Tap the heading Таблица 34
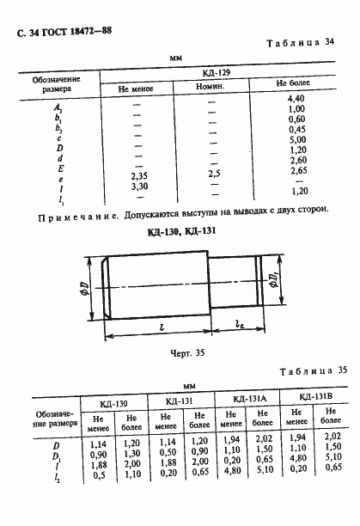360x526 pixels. tap(304, 42)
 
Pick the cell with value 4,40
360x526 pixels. tap(297, 101)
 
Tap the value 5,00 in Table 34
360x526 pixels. tap(297, 139)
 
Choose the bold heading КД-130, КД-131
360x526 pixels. tap(180, 231)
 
